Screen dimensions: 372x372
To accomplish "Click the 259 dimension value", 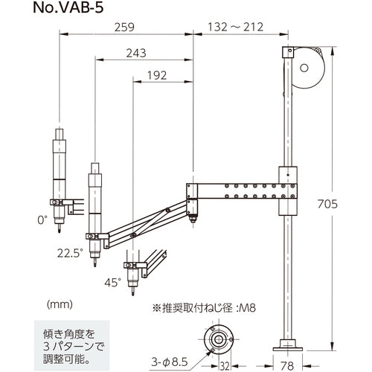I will click(125, 28).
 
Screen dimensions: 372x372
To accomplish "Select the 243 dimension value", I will click(136, 54).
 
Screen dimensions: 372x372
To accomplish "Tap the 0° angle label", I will click(42, 219).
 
